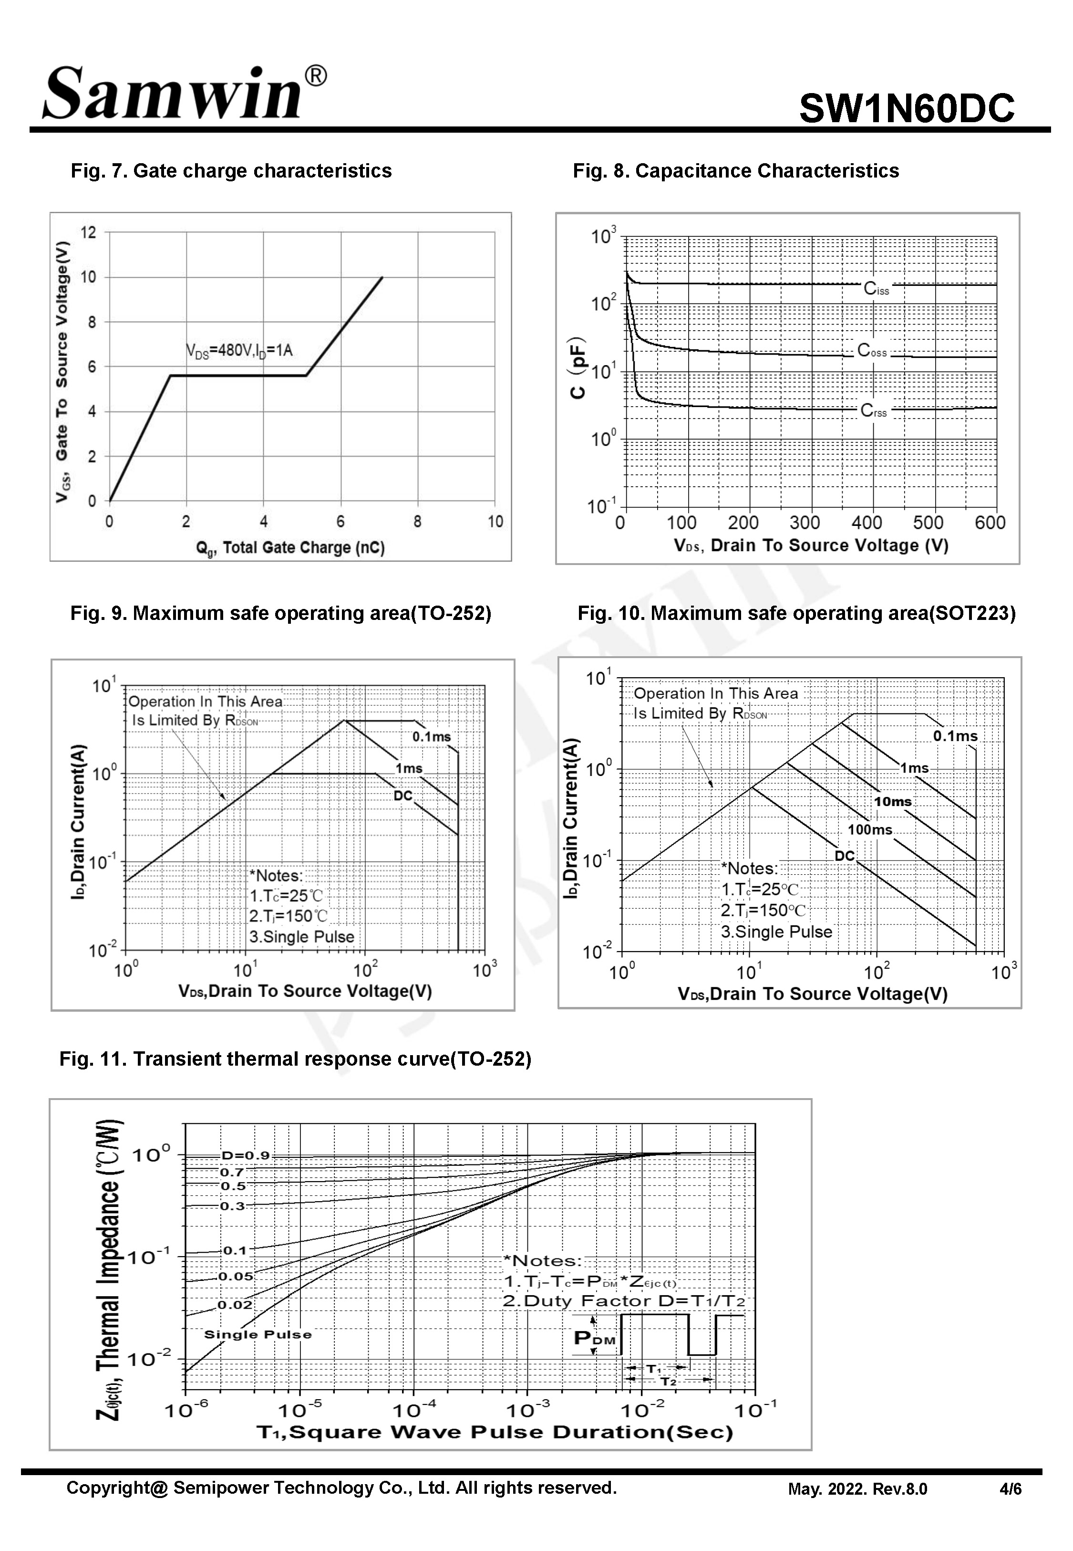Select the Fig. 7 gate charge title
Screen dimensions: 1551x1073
231,171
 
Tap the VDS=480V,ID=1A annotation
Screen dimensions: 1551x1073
239,350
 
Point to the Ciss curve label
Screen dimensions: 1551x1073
876,289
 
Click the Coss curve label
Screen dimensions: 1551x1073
872,351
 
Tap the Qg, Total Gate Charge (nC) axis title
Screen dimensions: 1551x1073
290,548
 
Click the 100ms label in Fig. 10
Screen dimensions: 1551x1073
869,830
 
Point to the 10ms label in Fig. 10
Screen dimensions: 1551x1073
892,802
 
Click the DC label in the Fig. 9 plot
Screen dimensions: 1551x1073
402,796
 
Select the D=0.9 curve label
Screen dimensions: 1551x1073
246,1155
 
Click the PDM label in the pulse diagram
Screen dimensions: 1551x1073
594,1339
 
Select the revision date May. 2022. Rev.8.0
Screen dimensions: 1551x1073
857,1489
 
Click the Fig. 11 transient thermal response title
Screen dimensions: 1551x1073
295,1059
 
